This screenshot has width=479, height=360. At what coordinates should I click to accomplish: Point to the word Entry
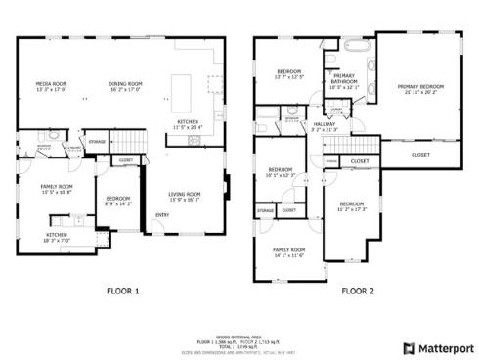162,216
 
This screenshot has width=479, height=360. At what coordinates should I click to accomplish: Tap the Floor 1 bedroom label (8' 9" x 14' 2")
118,199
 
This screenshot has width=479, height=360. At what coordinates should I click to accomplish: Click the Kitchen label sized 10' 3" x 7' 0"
56,237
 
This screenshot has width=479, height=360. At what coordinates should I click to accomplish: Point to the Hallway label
325,125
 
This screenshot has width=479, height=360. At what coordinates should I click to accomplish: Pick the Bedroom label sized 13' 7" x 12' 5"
288,73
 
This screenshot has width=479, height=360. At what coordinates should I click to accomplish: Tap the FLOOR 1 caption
123,291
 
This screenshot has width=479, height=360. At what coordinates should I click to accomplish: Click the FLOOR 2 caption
358,291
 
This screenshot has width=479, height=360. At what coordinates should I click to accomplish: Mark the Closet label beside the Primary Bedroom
420,155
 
